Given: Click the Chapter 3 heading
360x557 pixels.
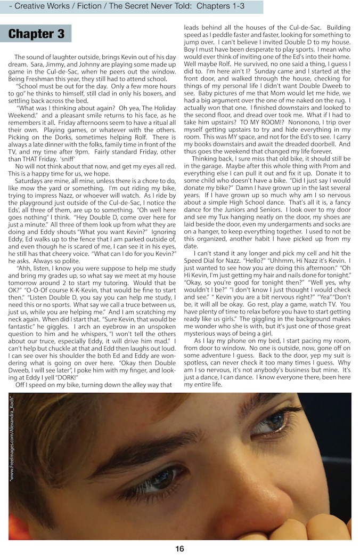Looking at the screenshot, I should pyautogui.click(x=37, y=34).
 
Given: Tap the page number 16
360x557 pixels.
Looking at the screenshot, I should pyautogui.click(x=179, y=548).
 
